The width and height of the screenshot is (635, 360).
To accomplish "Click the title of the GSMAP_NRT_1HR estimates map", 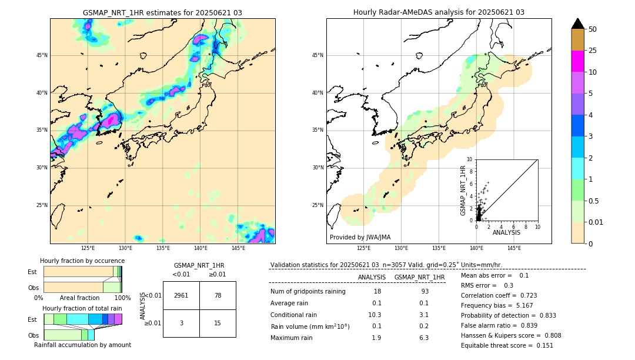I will (x=162, y=12).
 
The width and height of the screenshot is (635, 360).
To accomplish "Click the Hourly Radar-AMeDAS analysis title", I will (x=439, y=12).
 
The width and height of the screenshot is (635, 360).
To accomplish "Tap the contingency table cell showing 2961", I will (x=181, y=295).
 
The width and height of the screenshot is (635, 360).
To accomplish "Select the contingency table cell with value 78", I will (x=218, y=295).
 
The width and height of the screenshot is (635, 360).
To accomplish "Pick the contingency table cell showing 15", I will (x=218, y=323).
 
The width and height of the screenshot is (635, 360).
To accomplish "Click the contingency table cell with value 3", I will (x=181, y=323).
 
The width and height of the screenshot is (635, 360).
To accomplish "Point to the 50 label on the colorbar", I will (x=593, y=29).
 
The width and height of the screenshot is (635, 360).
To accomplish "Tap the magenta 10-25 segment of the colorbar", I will (x=578, y=61).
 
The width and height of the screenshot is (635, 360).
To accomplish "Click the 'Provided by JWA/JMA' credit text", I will (x=360, y=237).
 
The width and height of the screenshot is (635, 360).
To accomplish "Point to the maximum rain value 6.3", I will (x=423, y=338).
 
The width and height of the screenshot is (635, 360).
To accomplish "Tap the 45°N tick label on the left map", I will (x=42, y=55).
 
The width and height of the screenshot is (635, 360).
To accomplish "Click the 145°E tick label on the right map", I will (x=514, y=248).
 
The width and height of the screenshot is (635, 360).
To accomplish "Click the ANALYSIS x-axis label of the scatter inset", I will (x=506, y=233).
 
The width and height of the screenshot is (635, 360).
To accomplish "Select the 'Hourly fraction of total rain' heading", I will (x=82, y=308).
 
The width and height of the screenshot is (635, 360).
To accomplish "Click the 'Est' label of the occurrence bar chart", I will (x=32, y=272).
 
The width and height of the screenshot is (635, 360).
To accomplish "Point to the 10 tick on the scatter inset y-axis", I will (x=469, y=159).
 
